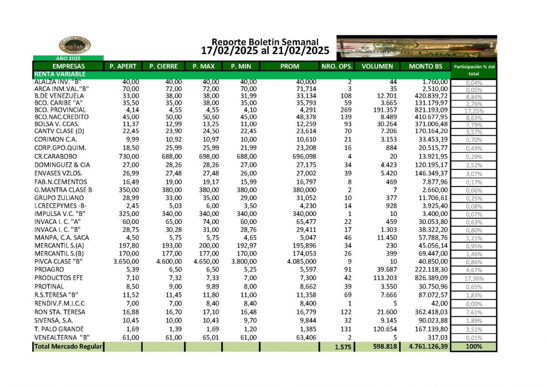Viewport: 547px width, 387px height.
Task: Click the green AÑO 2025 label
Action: point(68,58)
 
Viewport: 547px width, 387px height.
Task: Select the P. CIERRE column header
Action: point(163,66)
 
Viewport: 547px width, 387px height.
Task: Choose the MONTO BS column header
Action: point(425,66)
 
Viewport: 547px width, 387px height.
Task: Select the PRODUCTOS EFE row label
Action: point(59,278)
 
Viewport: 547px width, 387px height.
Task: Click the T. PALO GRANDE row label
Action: point(59,328)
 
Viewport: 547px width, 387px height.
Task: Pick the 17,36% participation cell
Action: point(474,278)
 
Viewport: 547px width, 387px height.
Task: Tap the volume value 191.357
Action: point(381,109)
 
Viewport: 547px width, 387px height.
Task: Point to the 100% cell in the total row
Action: point(474,346)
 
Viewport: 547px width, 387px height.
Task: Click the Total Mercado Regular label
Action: point(68,346)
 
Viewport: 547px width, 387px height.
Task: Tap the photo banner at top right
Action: point(417,48)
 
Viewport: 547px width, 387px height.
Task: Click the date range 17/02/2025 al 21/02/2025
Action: point(265,51)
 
